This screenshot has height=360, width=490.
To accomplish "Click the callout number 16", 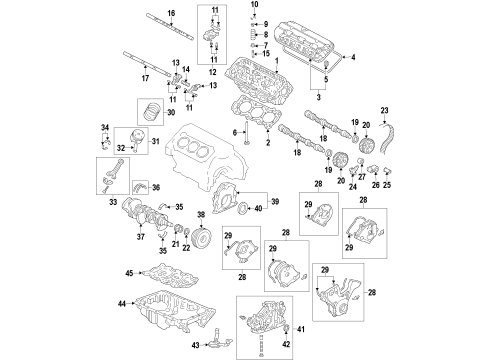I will [171, 11].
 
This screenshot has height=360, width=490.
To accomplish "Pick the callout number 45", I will [129, 273].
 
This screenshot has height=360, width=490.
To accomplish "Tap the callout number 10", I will [253, 6].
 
